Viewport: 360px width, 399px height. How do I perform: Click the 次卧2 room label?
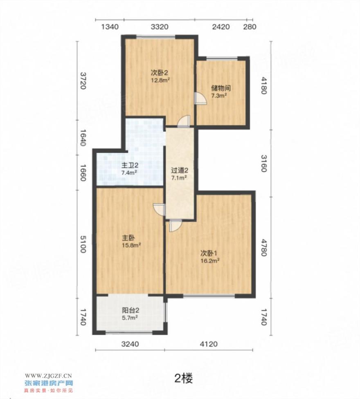160,73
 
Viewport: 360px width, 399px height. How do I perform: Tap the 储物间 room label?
221,88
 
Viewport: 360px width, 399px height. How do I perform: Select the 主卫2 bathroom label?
130,166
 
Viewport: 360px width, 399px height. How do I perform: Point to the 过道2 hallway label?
180,170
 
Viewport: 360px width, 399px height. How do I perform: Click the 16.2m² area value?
210,261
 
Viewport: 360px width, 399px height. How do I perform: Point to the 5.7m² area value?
130,318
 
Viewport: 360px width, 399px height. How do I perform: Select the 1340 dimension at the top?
110,27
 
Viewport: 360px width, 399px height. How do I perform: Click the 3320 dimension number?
160,27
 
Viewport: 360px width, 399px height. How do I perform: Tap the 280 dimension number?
250,27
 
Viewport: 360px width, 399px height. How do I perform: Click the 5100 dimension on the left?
83,244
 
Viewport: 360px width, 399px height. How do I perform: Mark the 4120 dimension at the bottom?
209,344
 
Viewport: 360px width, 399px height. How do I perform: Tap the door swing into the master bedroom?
159,210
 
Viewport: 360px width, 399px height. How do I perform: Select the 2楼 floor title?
184,379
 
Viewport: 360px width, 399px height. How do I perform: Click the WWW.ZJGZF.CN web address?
48,376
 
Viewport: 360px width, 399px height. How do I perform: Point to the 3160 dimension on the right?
263,164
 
